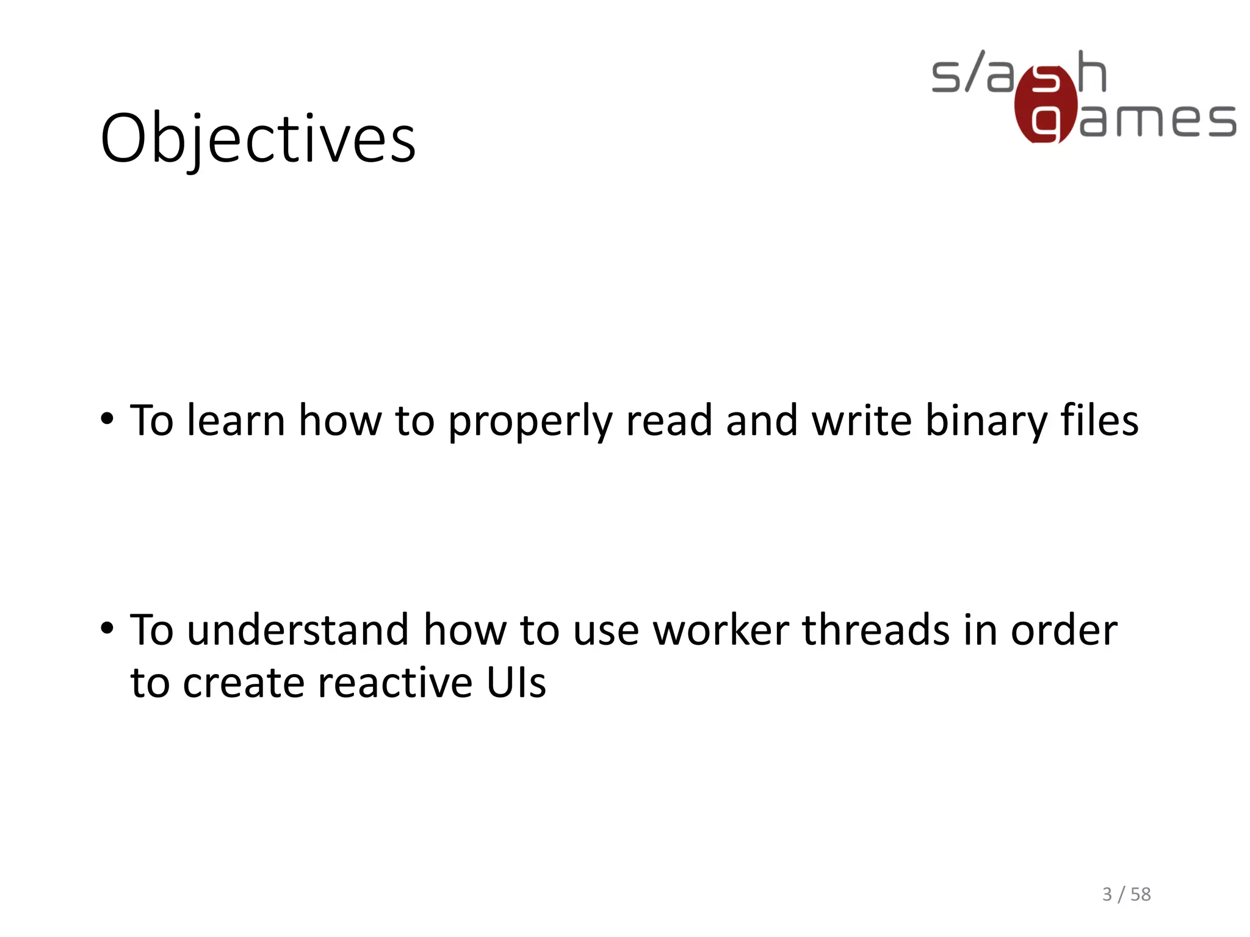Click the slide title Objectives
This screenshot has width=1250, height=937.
[258, 139]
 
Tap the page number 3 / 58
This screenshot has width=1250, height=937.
[1126, 894]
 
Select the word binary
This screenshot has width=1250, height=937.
[986, 421]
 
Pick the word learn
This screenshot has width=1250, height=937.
[236, 420]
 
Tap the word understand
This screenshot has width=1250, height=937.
[298, 630]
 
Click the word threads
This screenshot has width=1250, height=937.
[875, 630]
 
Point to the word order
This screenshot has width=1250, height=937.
[1064, 630]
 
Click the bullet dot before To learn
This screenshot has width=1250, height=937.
[107, 419]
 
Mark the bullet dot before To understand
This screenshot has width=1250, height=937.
[107, 628]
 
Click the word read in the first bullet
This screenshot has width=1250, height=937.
[669, 420]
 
